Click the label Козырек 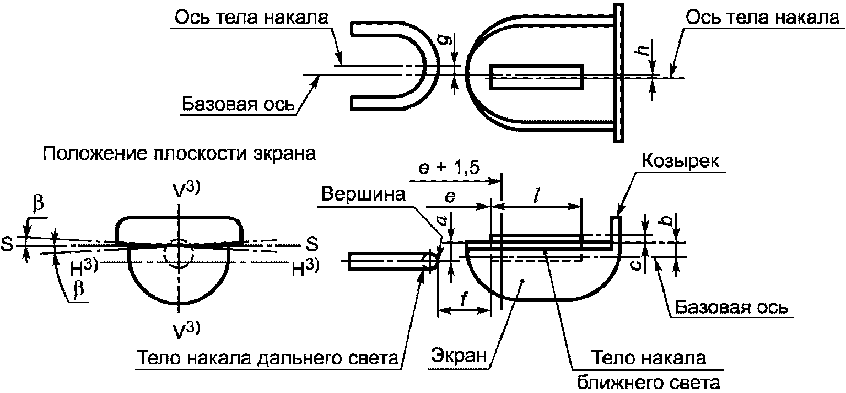pyautogui.click(x=681, y=161)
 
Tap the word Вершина pyautogui.click(x=363, y=194)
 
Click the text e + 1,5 pyautogui.click(x=449, y=167)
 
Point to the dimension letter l pyautogui.click(x=536, y=196)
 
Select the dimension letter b pyautogui.click(x=669, y=220)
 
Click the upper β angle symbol pyautogui.click(x=38, y=204)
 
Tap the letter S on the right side pyautogui.click(x=312, y=244)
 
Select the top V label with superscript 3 pyautogui.click(x=186, y=190)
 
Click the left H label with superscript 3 pyautogui.click(x=84, y=267)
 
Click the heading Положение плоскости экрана pyautogui.click(x=179, y=154)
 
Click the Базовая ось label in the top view pyautogui.click(x=238, y=104)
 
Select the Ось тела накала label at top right pyautogui.click(x=762, y=18)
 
